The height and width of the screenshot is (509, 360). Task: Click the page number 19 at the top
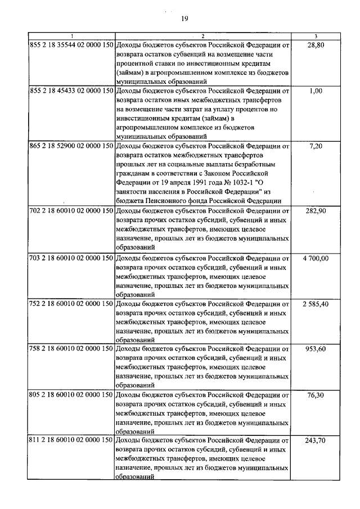coord(184,20)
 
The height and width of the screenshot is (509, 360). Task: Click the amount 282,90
coord(317,210)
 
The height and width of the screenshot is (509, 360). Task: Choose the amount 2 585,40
coord(316,304)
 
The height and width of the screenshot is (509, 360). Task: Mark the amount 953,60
coord(317,349)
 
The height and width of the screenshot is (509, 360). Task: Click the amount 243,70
coord(317,440)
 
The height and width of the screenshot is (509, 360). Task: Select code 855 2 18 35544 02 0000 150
coord(71,44)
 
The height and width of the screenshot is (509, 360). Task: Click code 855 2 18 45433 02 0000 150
coord(71,90)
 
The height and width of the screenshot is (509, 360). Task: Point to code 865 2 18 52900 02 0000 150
coord(71,145)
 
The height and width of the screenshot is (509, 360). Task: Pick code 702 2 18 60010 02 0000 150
coord(71,210)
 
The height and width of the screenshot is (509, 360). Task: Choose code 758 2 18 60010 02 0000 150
coord(71,349)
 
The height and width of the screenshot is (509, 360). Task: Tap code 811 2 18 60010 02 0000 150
coord(71,440)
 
